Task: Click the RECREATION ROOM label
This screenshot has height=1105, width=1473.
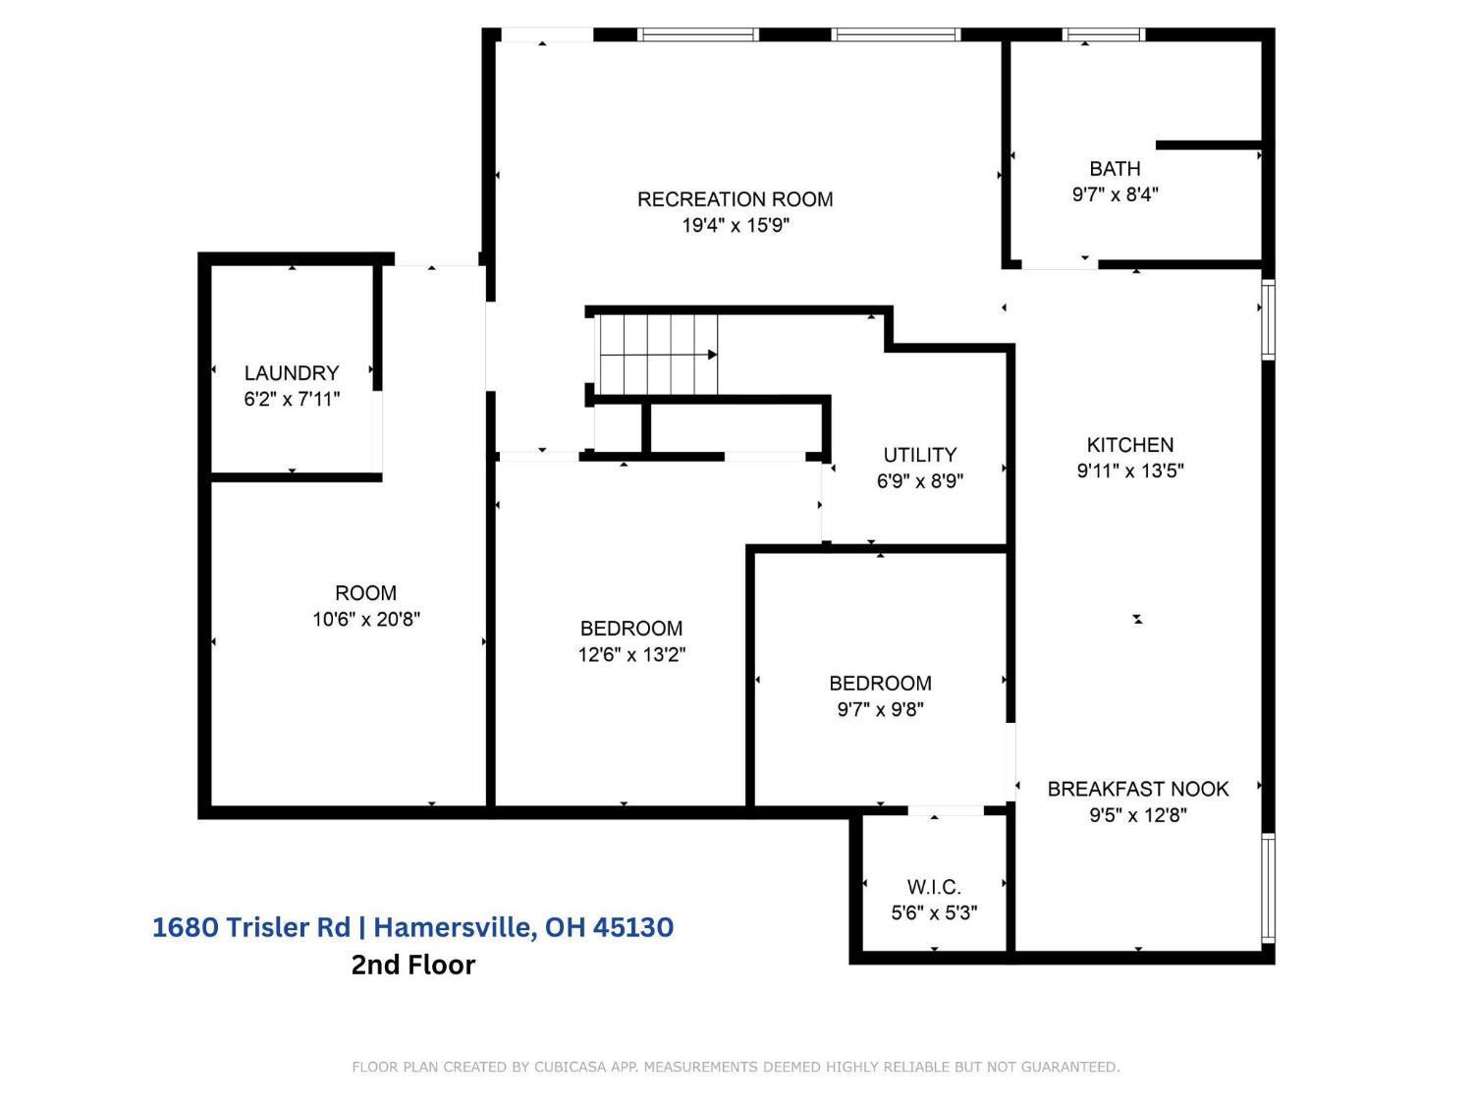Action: click(735, 199)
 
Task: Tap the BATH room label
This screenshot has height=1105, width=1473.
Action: click(1115, 168)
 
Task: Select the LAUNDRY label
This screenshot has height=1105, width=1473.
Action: click(292, 373)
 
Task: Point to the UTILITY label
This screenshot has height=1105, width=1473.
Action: click(919, 455)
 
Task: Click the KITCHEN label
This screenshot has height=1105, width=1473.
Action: click(1130, 445)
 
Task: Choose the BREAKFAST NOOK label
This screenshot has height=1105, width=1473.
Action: click(1138, 789)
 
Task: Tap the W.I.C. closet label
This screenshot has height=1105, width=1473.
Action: click(934, 887)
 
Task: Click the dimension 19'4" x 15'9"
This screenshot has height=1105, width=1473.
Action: click(736, 226)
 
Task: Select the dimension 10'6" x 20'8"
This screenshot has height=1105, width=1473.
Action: click(365, 619)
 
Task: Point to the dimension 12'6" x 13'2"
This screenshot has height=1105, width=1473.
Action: click(631, 655)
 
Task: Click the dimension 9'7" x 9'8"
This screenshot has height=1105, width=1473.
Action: click(880, 710)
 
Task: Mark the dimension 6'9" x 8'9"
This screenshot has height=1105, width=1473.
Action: click(919, 481)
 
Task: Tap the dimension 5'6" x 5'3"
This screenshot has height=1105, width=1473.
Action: click(934, 913)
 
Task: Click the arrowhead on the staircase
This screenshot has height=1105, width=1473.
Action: click(713, 355)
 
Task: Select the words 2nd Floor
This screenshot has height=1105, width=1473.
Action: click(413, 965)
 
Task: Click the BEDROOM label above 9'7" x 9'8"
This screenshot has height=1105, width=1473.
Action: click(880, 684)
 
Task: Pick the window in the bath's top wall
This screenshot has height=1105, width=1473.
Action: click(1103, 34)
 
